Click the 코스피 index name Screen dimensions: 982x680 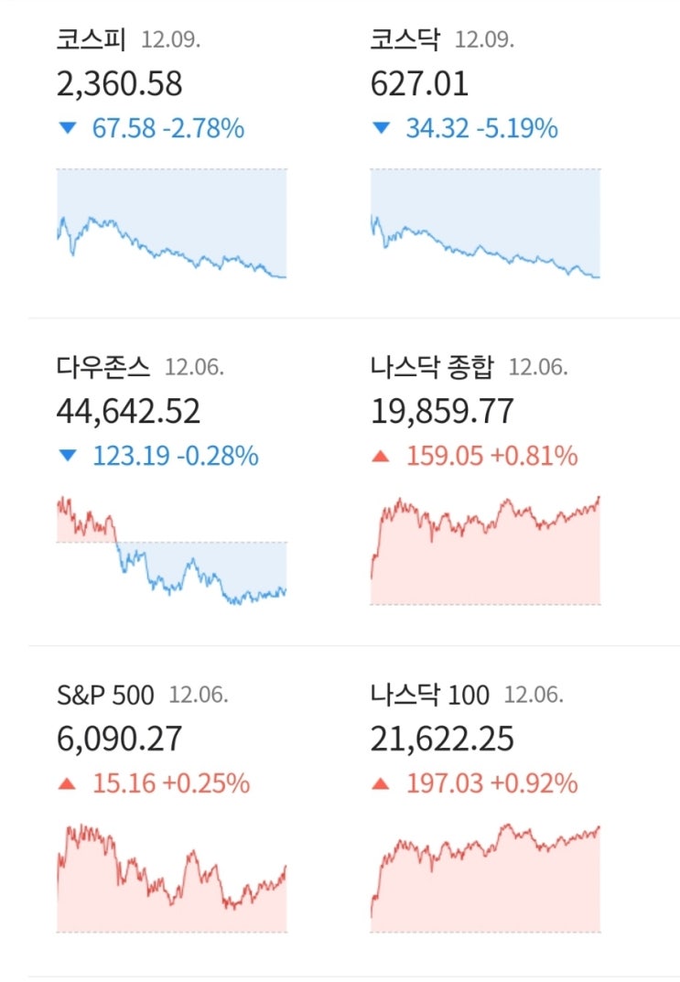pos(92,40)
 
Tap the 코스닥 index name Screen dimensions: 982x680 pos(405,40)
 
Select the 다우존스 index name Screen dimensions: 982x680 pos(103,368)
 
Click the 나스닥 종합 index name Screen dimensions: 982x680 pos(432,368)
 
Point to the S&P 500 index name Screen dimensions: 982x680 pos(105,695)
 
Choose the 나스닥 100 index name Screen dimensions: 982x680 pos(430,695)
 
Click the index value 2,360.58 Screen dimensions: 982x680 pos(119,84)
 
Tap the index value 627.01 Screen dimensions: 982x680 pos(419,84)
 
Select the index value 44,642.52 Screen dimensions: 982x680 pos(128,412)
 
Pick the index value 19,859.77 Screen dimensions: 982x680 pos(442,412)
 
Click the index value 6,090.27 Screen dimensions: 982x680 pos(119,739)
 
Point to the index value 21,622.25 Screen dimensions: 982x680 pos(442,739)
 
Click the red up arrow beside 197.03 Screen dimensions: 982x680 pos(381,784)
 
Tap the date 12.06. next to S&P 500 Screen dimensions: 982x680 pos(199,696)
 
